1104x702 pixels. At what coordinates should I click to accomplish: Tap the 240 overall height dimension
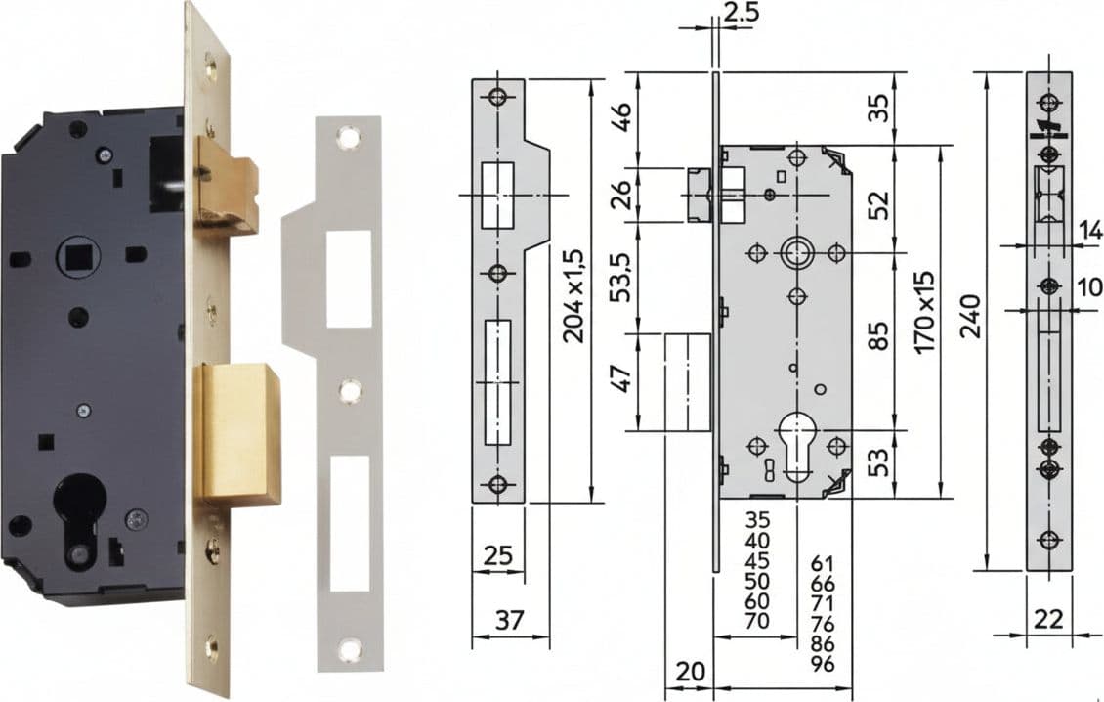pos(972,317)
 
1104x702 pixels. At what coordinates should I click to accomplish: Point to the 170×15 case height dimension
pos(926,312)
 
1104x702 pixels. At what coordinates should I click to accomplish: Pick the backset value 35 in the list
pos(757,520)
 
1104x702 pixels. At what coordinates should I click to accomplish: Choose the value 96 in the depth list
pos(823,664)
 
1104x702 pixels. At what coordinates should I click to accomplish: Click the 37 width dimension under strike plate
pos(510,620)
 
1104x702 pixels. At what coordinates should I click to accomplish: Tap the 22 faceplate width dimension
pos(1048,620)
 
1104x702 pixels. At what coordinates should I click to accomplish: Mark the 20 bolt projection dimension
pos(690,672)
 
